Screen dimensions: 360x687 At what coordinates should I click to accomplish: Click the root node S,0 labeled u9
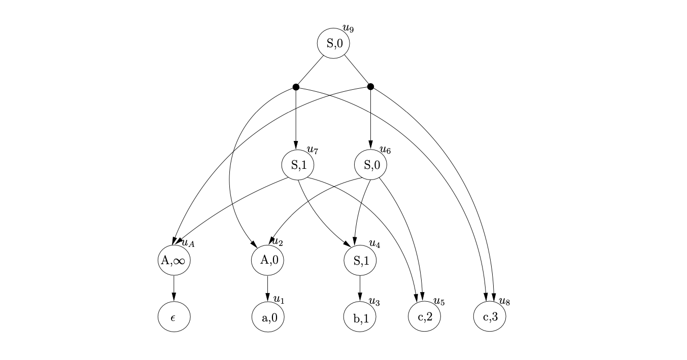(x=333, y=44)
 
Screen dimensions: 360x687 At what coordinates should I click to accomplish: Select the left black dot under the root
(x=296, y=87)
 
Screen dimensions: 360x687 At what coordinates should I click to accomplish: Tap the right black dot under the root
(x=370, y=86)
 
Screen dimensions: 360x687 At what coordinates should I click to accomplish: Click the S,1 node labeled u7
(x=298, y=165)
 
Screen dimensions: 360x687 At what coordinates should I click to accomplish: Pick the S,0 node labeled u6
(x=370, y=165)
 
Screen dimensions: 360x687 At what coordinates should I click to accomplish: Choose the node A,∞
(x=174, y=260)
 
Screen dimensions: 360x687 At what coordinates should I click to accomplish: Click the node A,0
(x=267, y=260)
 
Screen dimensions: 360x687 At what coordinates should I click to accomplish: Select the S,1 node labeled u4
(x=360, y=260)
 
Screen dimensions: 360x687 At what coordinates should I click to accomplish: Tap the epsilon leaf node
(x=174, y=317)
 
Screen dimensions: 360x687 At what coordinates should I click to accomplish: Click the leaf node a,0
(x=268, y=317)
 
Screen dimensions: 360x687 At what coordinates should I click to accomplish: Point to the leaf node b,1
(x=360, y=317)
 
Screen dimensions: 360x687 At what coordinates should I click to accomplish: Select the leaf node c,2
(x=424, y=317)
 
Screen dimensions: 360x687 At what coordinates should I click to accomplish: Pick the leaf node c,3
(x=490, y=317)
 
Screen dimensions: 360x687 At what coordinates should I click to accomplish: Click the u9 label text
(x=348, y=28)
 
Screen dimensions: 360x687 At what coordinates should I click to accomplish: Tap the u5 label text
(x=439, y=302)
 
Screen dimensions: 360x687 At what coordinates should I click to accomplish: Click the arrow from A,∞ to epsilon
(x=174, y=289)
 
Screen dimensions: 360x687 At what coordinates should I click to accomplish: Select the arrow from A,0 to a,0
(x=267, y=289)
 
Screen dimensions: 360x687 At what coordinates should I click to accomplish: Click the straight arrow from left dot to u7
(x=296, y=119)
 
